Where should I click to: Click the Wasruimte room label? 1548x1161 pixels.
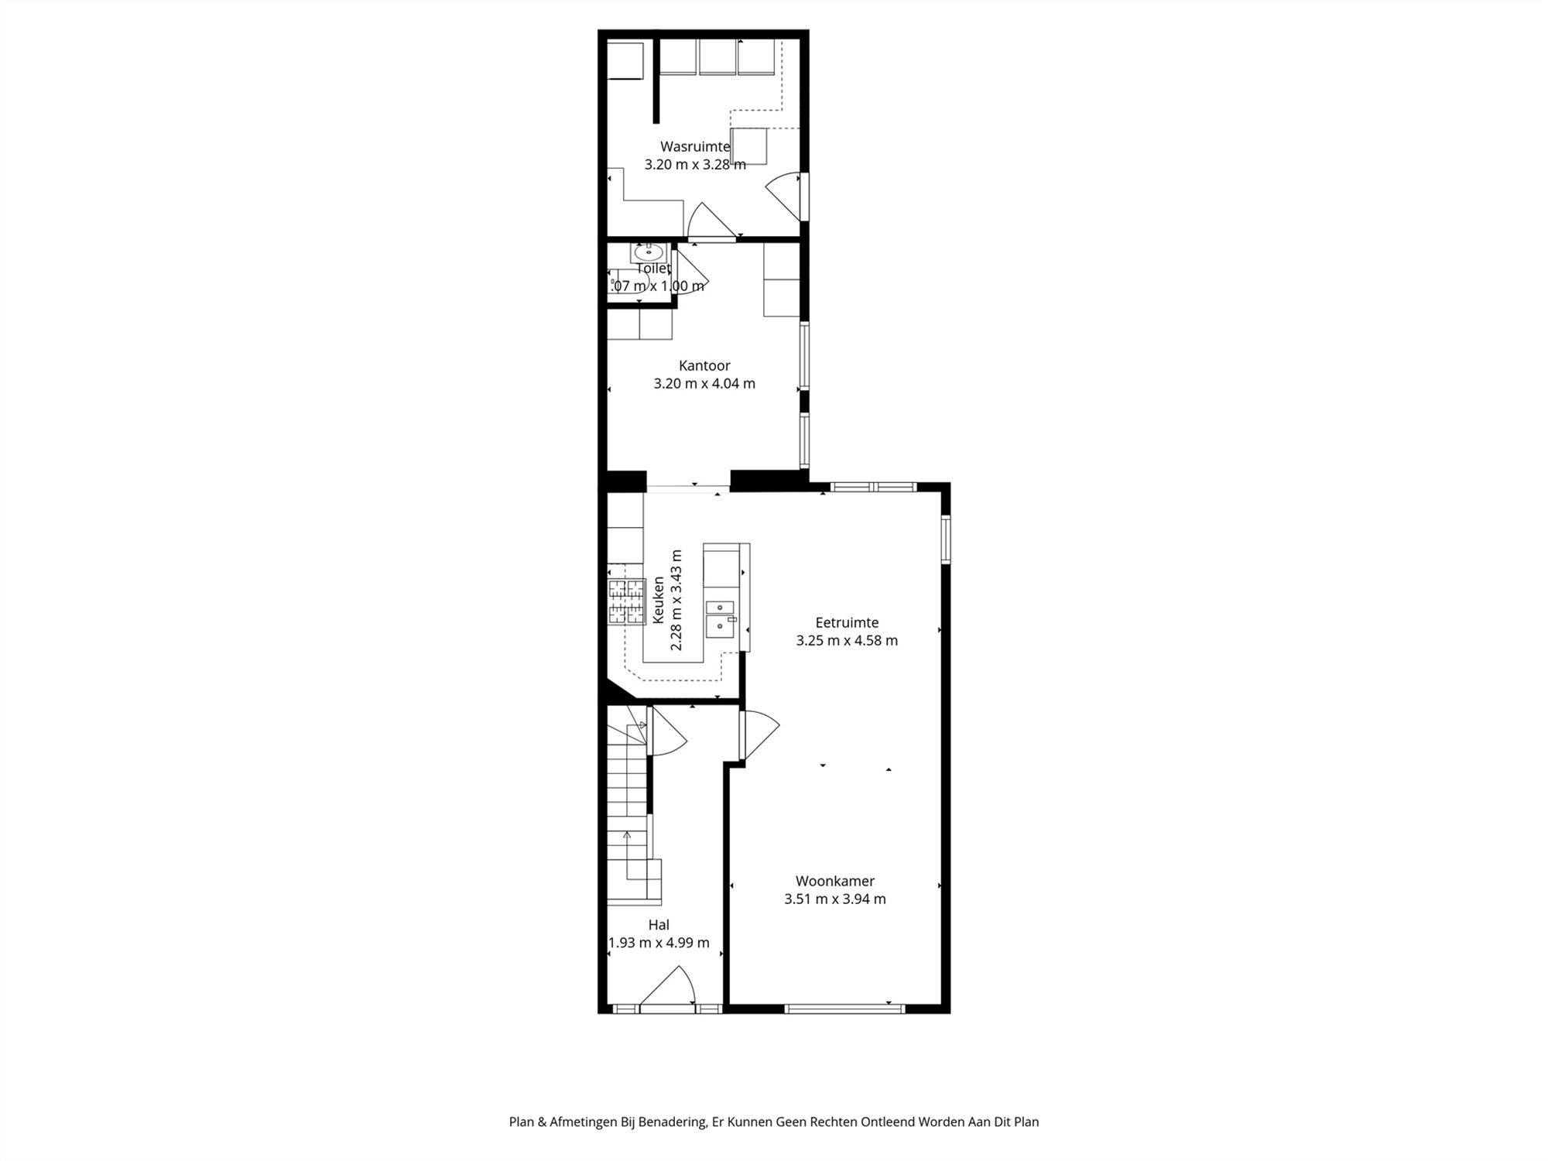pyautogui.click(x=695, y=146)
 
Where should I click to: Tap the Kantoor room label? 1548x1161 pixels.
pyautogui.click(x=704, y=365)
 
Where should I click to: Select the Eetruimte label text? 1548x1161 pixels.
pyautogui.click(x=847, y=622)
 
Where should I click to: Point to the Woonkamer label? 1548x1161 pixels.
pyautogui.click(x=835, y=881)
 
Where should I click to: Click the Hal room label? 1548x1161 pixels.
pyautogui.click(x=659, y=924)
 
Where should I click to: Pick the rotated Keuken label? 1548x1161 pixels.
pyautogui.click(x=659, y=600)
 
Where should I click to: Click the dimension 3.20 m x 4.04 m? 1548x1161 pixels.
pyautogui.click(x=704, y=383)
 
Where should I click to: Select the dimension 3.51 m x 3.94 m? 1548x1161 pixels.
pyautogui.click(x=835, y=899)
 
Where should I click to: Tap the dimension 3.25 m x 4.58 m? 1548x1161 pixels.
pyautogui.click(x=847, y=640)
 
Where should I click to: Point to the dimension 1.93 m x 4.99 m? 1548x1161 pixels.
pyautogui.click(x=659, y=943)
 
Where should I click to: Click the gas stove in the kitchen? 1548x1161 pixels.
pyautogui.click(x=626, y=601)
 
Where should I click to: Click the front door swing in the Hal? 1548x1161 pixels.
pyautogui.click(x=668, y=988)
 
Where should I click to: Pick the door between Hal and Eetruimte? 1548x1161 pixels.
pyautogui.click(x=759, y=735)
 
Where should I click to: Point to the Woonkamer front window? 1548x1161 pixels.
pyautogui.click(x=844, y=1009)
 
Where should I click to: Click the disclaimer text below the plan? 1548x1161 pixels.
pyautogui.click(x=774, y=1122)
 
